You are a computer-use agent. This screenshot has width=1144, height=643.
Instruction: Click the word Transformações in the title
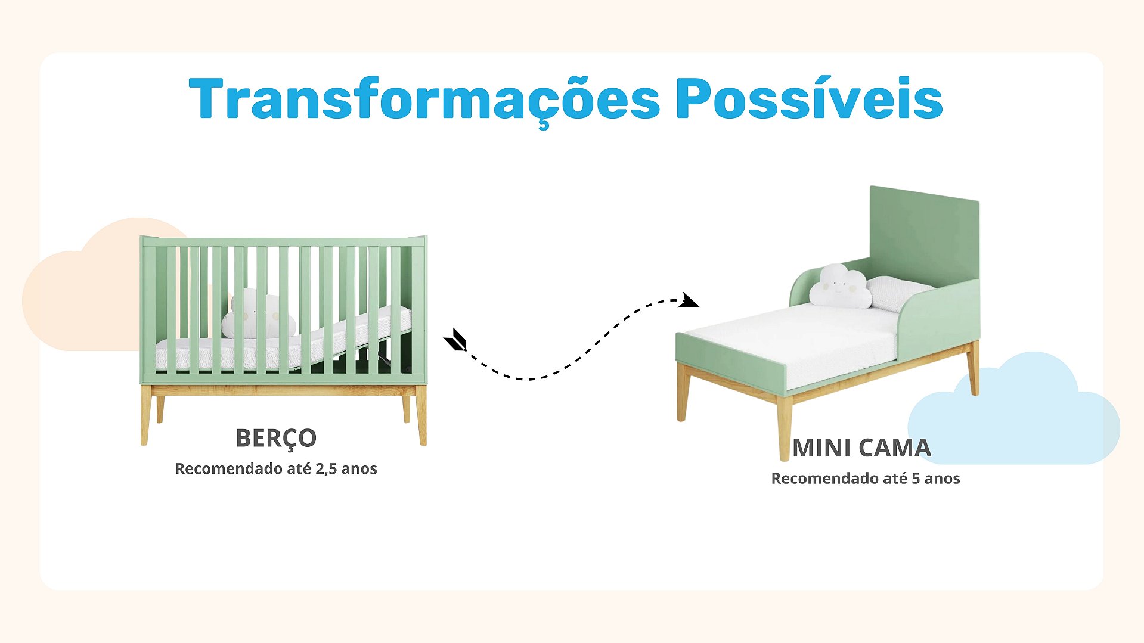424,100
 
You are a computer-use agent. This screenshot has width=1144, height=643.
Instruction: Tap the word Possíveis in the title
809,98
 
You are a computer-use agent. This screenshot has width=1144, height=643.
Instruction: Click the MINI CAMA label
861,448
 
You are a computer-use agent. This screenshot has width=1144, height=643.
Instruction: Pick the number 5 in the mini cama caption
916,479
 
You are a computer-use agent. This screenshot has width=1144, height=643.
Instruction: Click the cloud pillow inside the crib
258,314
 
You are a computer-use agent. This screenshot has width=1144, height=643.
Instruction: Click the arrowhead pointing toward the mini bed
690,300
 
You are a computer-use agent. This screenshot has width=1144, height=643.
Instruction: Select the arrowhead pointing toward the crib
455,340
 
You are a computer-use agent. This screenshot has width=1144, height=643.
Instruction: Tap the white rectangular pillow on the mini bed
899,293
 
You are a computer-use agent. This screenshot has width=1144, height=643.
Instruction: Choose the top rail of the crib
283,241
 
